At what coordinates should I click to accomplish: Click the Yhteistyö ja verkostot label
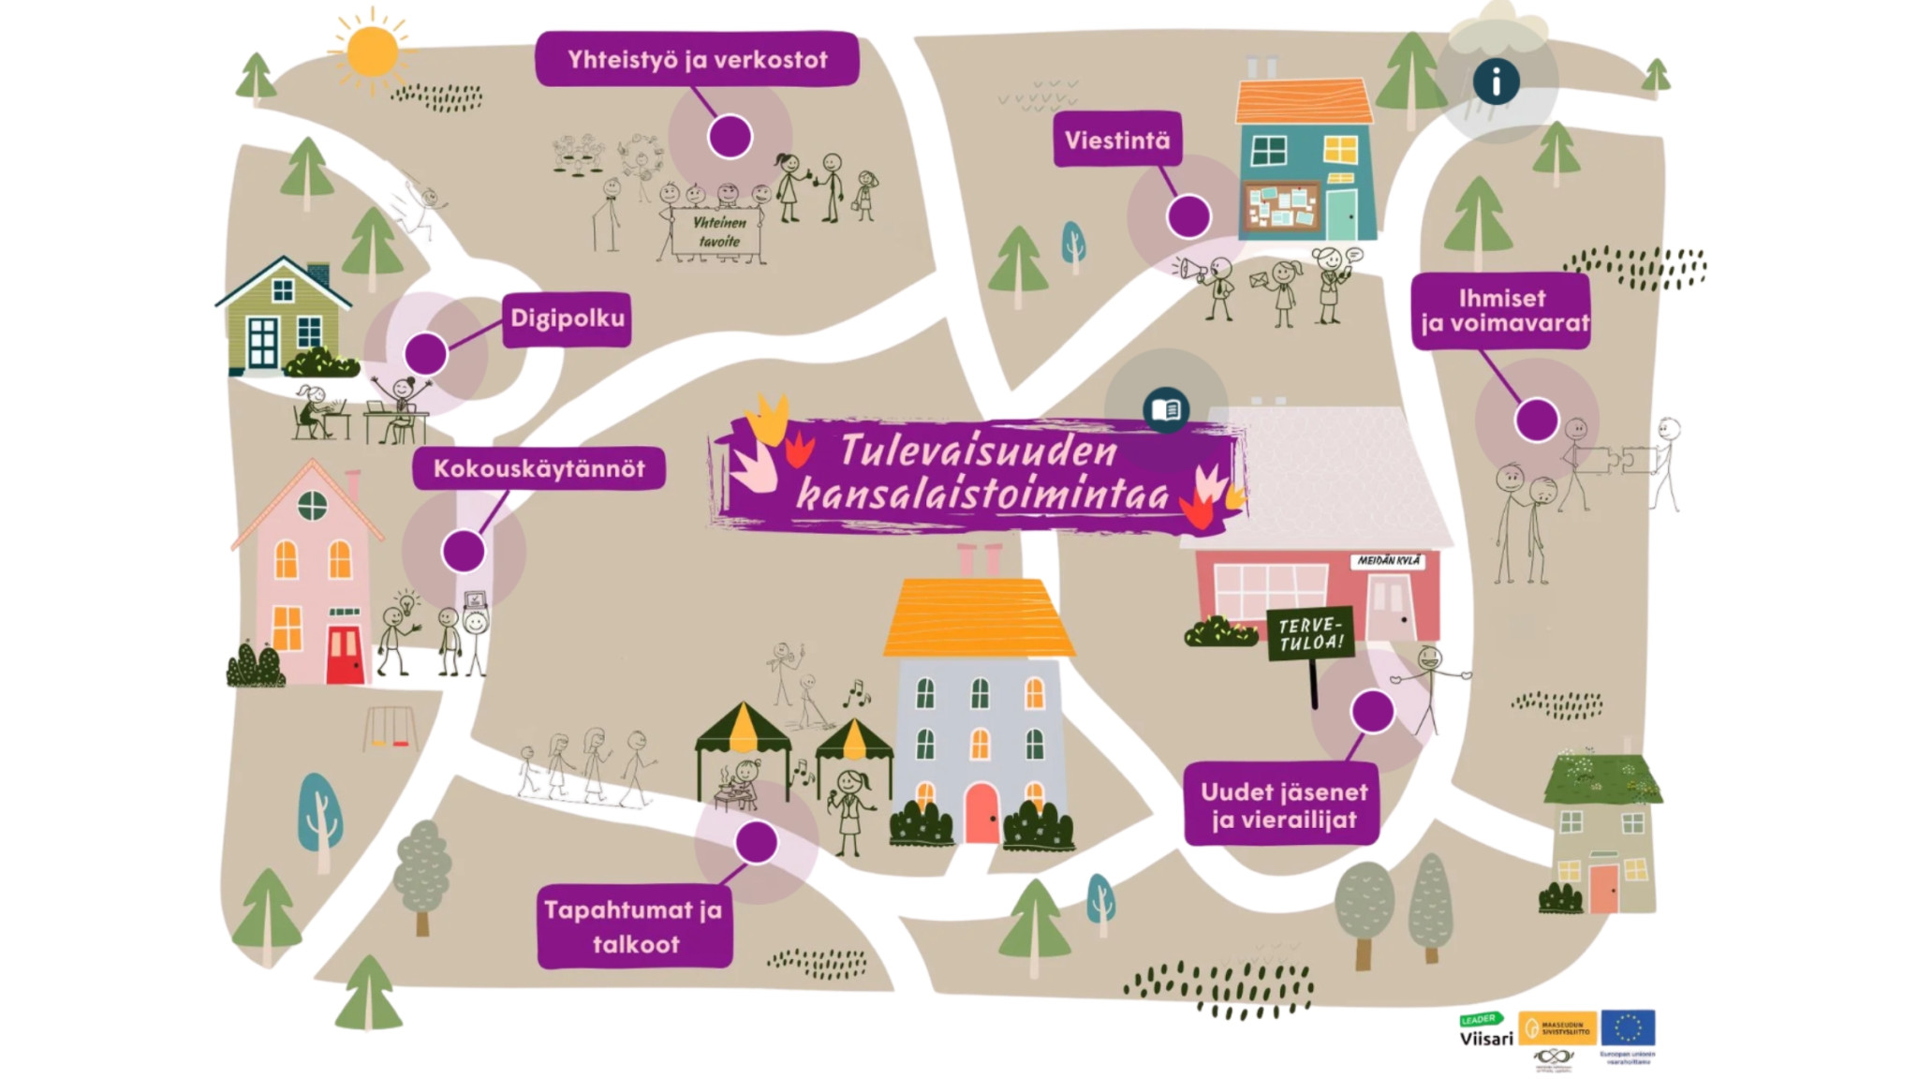697,60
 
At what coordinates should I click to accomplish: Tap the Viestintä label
1116,140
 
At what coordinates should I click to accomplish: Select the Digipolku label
567,318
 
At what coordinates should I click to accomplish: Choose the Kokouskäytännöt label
539,468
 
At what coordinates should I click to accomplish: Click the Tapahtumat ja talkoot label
634,926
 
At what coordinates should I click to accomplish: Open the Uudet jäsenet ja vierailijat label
1283,806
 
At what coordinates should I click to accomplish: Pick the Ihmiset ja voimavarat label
1501,311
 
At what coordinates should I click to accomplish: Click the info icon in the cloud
1496,81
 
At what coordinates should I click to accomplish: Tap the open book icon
1166,410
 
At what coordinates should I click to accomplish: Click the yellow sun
372,52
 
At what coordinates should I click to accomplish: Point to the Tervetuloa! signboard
1310,634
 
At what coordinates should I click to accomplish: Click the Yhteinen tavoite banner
717,232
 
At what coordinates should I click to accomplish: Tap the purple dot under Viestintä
1188,216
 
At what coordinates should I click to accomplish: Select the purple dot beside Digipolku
426,354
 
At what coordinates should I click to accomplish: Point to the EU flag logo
1628,1027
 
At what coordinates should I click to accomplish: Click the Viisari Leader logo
1485,1030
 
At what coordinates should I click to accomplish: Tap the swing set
390,728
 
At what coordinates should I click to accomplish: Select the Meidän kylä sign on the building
1389,560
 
